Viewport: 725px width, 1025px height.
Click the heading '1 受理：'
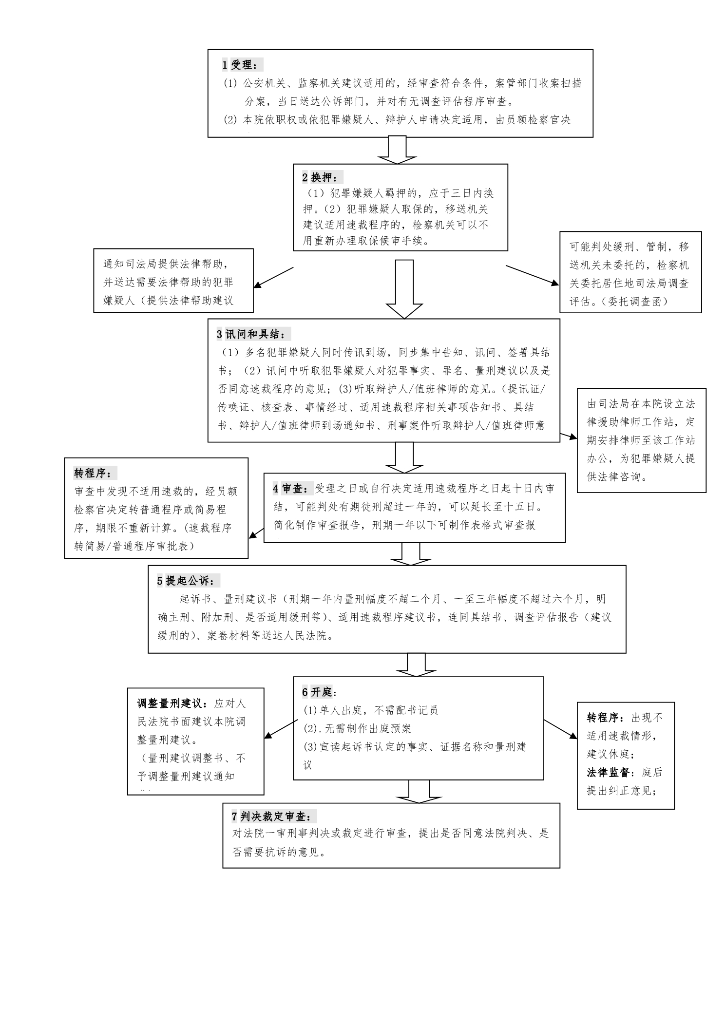(243, 65)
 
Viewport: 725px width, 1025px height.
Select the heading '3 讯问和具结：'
(254, 335)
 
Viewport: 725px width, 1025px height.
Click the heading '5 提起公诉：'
(189, 581)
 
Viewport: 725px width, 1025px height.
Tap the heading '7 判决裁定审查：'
(275, 816)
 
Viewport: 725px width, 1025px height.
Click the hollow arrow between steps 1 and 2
(397, 150)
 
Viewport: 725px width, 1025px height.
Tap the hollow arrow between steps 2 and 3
(404, 289)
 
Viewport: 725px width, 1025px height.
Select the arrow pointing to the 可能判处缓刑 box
(533, 275)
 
